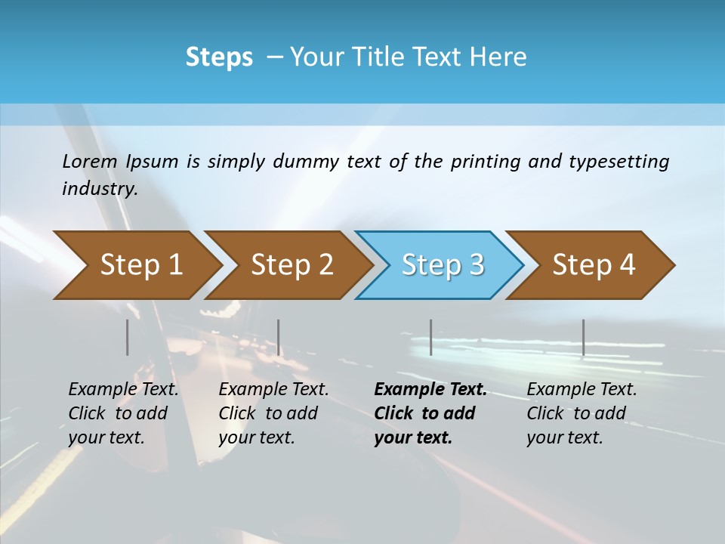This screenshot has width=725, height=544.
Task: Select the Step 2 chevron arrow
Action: point(292,265)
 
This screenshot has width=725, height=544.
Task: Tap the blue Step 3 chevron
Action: point(443,265)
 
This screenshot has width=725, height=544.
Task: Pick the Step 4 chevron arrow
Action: point(594,265)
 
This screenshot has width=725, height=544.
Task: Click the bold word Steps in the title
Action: point(219,57)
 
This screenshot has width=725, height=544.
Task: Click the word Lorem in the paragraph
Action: point(90,162)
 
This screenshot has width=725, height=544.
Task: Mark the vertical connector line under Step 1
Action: point(128,337)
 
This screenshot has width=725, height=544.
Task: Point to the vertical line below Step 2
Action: point(279,337)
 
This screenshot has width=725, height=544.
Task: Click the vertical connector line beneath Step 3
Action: point(430,337)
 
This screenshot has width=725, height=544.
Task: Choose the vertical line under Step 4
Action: point(583,337)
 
